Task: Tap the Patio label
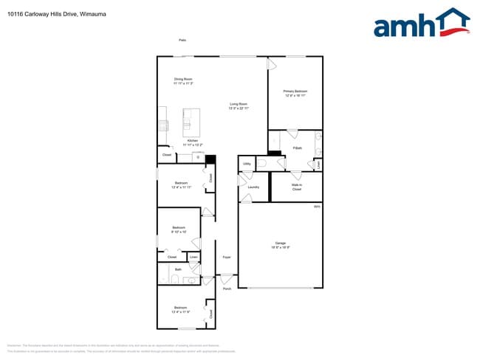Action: click(182, 40)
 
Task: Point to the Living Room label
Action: click(239, 106)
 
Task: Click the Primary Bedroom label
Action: click(295, 93)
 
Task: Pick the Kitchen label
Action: click(192, 142)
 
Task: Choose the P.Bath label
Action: click(298, 148)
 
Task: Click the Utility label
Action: click(246, 164)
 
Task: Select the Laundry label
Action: click(253, 187)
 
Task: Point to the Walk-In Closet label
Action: click(296, 188)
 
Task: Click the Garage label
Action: click(281, 244)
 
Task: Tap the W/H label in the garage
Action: click(317, 207)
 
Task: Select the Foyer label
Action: click(227, 257)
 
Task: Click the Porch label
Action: click(227, 288)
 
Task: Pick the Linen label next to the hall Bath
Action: click(193, 257)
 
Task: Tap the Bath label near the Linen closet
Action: click(178, 270)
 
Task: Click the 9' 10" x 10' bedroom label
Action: click(179, 229)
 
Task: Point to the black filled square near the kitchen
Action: click(210, 160)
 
